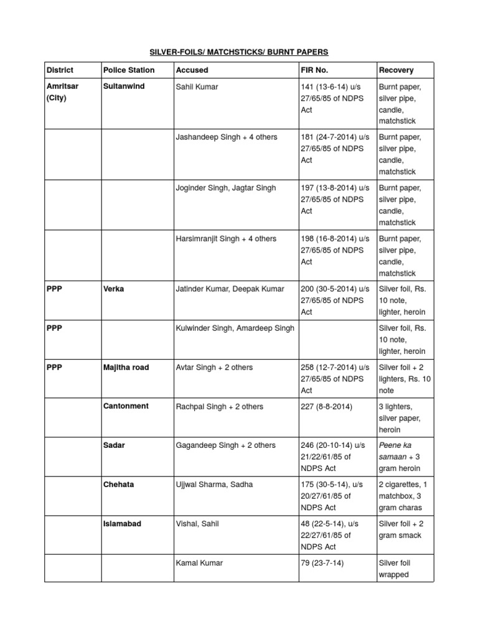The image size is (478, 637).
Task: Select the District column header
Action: tap(60, 70)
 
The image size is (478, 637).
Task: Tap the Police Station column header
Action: tap(129, 70)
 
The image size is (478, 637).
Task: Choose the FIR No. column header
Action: tap(314, 70)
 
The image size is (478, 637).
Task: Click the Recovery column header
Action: tap(396, 70)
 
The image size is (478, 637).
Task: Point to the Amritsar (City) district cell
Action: tap(62, 92)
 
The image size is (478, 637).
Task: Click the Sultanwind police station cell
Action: tap(124, 86)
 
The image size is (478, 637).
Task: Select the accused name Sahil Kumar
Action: tap(197, 86)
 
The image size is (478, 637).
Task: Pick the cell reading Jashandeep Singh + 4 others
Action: tap(227, 137)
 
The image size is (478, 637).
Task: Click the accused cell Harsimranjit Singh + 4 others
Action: tap(227, 239)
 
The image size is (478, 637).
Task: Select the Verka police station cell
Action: tap(113, 289)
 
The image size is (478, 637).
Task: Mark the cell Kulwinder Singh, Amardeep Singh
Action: tap(235, 328)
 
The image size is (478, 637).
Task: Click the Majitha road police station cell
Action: tap(126, 368)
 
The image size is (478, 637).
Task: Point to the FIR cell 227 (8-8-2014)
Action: tap(326, 407)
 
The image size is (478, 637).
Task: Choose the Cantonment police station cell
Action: tap(126, 406)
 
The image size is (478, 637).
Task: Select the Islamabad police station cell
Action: tap(122, 524)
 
